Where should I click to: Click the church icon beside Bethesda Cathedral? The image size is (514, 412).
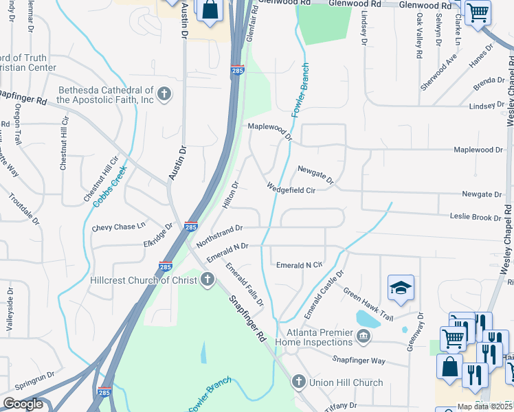pos(164,95)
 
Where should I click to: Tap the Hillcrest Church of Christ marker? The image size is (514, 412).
pos(208,279)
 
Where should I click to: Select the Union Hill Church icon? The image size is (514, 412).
pos(298,381)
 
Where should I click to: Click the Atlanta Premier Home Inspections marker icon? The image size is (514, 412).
pos(362,336)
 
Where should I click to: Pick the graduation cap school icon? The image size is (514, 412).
pos(401,288)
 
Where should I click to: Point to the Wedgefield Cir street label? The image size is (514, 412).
pos(291,190)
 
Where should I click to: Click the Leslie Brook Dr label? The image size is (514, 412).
pos(476,217)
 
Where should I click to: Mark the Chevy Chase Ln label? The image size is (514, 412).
pos(119,226)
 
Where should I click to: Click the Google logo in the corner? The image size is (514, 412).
pos(23,404)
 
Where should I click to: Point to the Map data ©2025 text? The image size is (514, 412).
pos(484,407)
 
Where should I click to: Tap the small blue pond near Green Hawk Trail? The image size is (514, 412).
pos(367,319)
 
